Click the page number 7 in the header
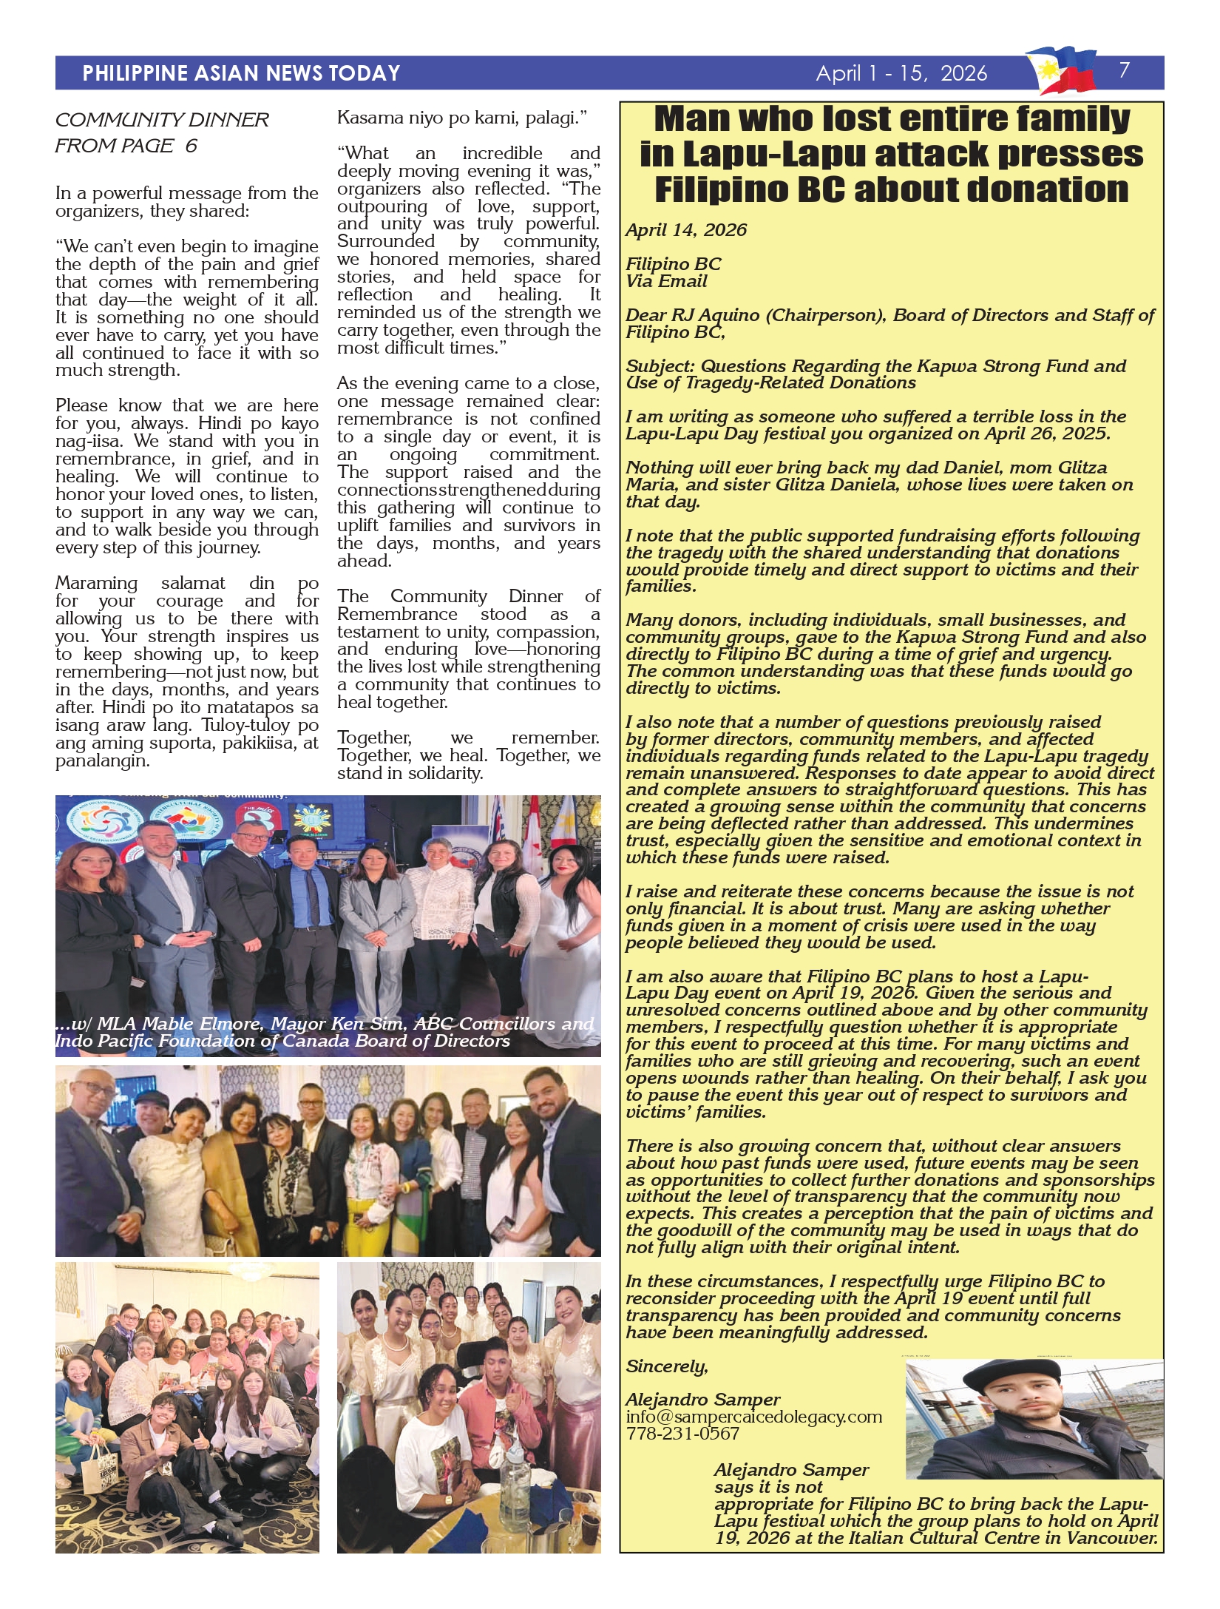[1124, 70]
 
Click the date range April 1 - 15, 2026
[901, 73]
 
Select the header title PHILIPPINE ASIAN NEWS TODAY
[241, 73]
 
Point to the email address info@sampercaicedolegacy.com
[753, 1417]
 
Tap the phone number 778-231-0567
[682, 1434]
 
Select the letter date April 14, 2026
[686, 230]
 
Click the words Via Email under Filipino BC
[666, 281]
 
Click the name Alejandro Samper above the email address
[702, 1400]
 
